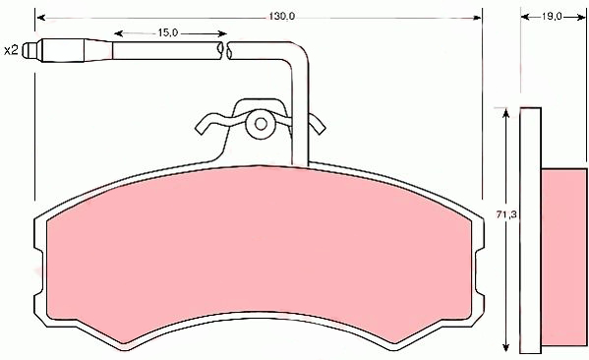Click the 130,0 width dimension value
tap(282, 17)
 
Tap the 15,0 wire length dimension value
tap(167, 32)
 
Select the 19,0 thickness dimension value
tap(552, 17)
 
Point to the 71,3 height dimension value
tap(506, 215)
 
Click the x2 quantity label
tap(11, 50)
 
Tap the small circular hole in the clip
tap(261, 124)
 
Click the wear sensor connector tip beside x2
tap(30, 50)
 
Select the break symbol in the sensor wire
tap(225, 51)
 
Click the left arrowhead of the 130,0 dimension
tap(41, 18)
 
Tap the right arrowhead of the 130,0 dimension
tap(476, 18)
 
